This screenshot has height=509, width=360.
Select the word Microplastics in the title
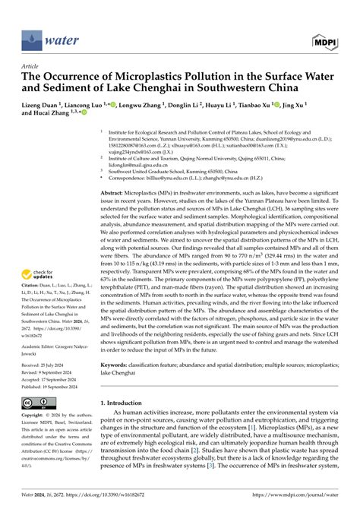pos(137,77)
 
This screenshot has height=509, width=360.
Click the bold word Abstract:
pos(115,194)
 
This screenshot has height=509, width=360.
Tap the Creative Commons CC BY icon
pos(33,400)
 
